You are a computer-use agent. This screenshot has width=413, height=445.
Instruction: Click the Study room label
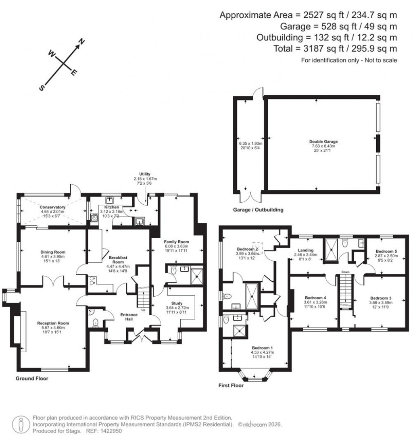176,303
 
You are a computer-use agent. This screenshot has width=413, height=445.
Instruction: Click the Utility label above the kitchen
145,174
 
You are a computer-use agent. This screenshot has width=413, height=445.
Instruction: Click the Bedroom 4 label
314,297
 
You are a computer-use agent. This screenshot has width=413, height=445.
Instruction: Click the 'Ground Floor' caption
32,378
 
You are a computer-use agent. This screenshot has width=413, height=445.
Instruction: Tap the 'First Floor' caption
231,385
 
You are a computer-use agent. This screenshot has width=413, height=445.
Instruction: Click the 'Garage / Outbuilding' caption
258,210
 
